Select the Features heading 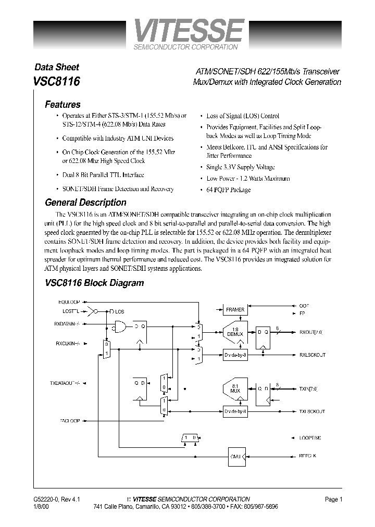pos(63,104)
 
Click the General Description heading pos(85,203)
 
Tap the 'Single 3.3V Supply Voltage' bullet pos(240,167)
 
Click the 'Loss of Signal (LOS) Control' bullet pos(242,116)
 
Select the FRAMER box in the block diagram pos(235,310)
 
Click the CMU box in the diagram pos(235,456)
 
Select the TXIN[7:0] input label pos(308,388)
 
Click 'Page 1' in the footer pos(333,499)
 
